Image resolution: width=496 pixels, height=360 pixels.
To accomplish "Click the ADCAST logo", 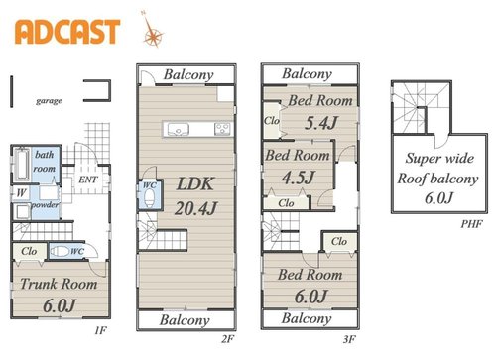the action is (67, 32).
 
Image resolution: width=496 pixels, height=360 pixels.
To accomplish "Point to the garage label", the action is (49, 101).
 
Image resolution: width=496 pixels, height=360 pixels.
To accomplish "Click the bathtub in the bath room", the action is (22, 165).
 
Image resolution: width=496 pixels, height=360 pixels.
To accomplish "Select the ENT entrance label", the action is (88, 180).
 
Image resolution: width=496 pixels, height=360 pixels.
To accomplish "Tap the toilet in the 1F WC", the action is (60, 251).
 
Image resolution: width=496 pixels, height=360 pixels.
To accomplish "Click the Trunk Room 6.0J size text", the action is (60, 305).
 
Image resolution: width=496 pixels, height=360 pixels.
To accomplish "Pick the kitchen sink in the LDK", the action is (179, 129).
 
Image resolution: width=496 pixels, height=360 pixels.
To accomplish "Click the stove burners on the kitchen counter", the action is (222, 129).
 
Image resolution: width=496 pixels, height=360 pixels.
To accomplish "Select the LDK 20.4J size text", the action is (195, 208).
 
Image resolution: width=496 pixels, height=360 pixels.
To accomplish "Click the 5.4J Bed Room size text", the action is (321, 123).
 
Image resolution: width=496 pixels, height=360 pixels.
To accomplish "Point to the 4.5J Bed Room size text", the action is (299, 178).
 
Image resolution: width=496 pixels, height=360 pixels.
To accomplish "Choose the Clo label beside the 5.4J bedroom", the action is (272, 121).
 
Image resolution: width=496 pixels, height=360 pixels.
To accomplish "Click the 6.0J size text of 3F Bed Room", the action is (310, 296).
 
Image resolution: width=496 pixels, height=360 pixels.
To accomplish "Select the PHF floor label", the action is (472, 224).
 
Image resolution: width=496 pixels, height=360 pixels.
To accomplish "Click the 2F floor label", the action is (228, 339).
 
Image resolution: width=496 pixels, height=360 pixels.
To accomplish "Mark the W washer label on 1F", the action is (21, 192).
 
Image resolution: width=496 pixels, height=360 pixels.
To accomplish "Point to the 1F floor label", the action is (100, 330).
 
